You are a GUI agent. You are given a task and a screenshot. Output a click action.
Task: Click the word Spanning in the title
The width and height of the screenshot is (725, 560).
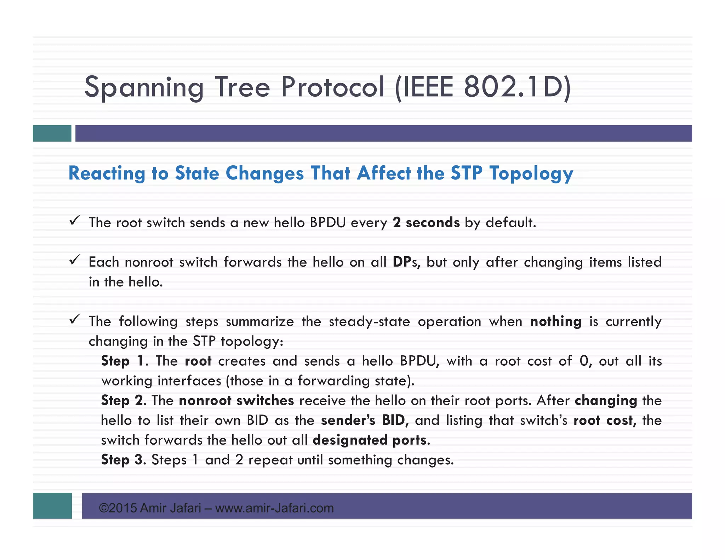click(144, 87)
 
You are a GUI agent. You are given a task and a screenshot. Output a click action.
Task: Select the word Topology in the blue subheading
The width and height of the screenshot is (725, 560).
click(531, 173)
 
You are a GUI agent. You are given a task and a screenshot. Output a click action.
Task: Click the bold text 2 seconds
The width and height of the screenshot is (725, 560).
click(426, 223)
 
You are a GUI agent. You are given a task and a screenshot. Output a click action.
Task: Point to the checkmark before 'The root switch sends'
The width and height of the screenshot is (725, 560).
click(74, 221)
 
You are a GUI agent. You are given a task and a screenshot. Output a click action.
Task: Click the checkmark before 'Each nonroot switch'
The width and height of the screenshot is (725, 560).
click(74, 260)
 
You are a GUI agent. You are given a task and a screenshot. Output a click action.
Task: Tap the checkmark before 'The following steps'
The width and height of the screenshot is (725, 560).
click(74, 319)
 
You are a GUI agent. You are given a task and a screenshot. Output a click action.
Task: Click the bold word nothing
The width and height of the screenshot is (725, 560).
click(555, 321)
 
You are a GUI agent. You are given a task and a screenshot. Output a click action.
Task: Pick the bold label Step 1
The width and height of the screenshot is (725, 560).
click(122, 361)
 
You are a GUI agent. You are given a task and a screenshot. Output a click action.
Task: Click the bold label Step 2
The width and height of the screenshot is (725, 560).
click(122, 401)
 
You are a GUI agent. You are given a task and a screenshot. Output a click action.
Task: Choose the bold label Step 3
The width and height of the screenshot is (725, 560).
click(122, 460)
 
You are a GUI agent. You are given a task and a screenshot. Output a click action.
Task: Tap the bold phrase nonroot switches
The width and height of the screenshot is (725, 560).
click(236, 401)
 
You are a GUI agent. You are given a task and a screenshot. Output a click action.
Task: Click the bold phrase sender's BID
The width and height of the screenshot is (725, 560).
click(363, 421)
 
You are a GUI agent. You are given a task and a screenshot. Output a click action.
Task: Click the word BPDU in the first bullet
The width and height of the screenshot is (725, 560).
click(327, 223)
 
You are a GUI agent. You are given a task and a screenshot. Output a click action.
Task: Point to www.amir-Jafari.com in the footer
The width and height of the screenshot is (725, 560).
click(274, 508)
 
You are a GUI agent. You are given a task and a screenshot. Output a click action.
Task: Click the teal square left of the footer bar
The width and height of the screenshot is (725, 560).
click(52, 505)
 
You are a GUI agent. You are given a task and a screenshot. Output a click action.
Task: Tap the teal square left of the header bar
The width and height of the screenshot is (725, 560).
click(52, 133)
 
